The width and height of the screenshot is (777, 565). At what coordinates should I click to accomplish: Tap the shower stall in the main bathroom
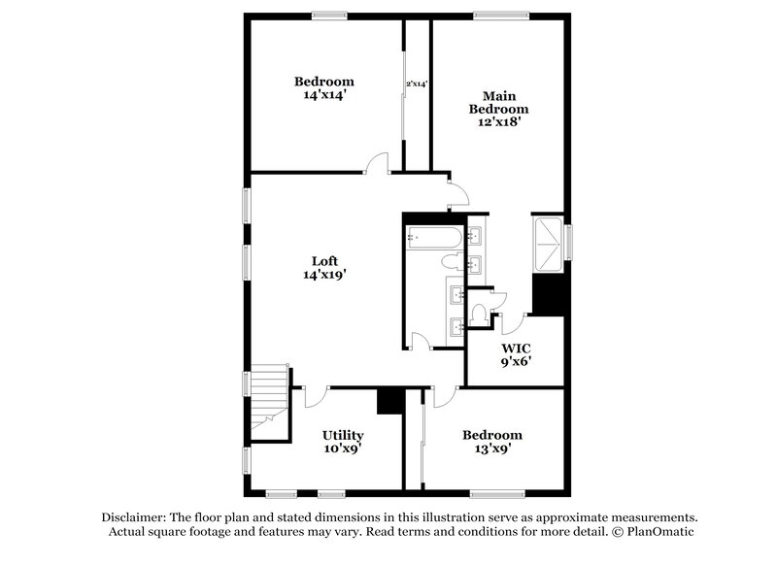point(549,239)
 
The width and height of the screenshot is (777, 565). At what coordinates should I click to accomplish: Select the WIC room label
point(516,348)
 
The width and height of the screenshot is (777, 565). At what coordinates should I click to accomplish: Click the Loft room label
point(324,260)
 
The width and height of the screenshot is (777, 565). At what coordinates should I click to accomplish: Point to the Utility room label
point(343,435)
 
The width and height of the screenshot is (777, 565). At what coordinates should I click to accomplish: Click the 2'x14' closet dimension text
point(417,84)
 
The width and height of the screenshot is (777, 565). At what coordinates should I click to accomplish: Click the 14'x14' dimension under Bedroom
point(324,95)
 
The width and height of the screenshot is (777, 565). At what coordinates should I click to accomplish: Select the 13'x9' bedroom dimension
point(491,449)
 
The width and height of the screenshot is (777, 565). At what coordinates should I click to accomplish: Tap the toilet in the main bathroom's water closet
point(483,314)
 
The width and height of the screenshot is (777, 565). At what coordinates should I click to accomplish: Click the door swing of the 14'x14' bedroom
point(379,163)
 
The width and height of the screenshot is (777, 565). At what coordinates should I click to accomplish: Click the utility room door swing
point(314,397)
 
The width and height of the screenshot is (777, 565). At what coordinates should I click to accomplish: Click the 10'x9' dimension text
point(343,449)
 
